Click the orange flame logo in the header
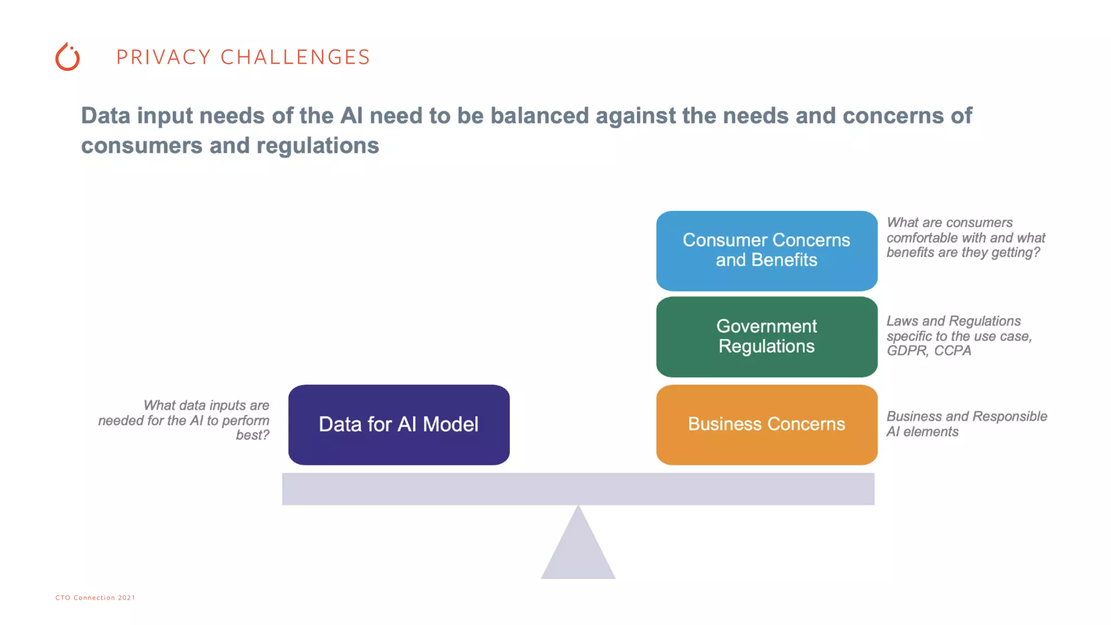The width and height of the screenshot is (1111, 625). pyautogui.click(x=68, y=57)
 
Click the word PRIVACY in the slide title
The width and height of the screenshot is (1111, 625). pyautogui.click(x=163, y=57)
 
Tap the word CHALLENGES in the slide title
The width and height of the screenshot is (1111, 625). pyautogui.click(x=295, y=57)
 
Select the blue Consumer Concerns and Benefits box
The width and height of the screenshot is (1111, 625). pyautogui.click(x=766, y=251)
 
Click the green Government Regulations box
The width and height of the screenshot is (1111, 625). pyautogui.click(x=766, y=336)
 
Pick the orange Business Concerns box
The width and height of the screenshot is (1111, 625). pyautogui.click(x=766, y=424)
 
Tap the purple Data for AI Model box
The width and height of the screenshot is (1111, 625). pyautogui.click(x=399, y=424)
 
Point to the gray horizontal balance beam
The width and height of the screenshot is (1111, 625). pyautogui.click(x=578, y=489)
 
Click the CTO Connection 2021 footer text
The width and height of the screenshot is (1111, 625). pyautogui.click(x=95, y=597)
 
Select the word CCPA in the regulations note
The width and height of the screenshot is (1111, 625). pyautogui.click(x=953, y=351)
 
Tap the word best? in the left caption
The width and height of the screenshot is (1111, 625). pyautogui.click(x=252, y=435)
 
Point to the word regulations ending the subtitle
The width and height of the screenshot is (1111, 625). pyautogui.click(x=317, y=146)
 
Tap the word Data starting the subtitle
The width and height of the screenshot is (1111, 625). pyautogui.click(x=106, y=116)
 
